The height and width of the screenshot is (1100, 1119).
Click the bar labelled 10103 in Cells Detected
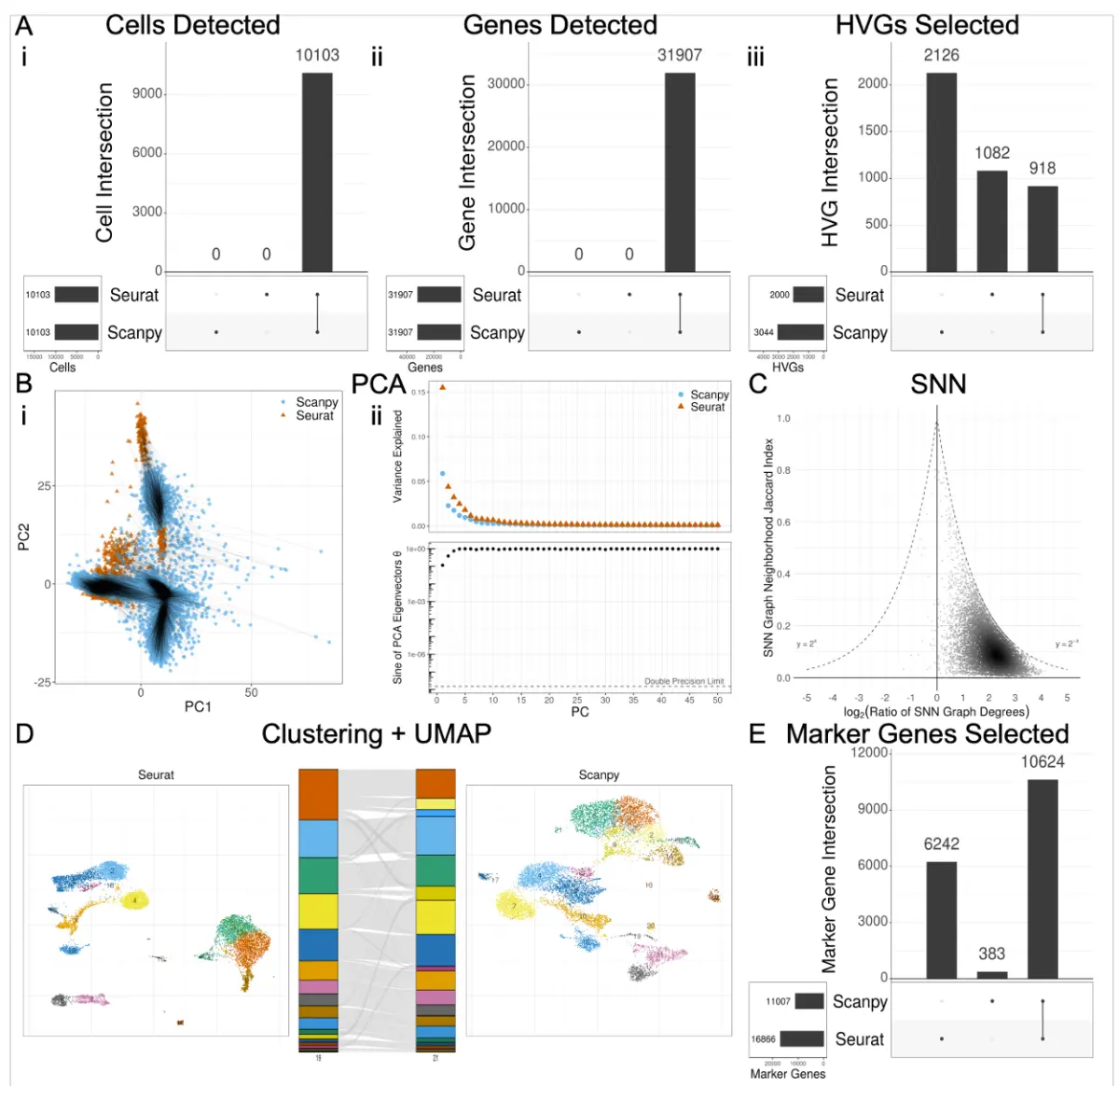point(317,173)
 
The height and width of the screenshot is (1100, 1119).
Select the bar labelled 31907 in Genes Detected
point(680,173)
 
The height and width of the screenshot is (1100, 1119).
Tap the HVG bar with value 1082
point(992,221)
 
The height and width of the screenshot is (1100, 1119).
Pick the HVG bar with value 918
point(1043,229)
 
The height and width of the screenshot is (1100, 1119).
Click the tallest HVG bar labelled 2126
point(941,173)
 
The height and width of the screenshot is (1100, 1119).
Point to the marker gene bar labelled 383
point(992,974)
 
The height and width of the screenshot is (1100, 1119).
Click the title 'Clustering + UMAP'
point(376,734)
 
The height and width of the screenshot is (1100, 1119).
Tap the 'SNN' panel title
point(938,384)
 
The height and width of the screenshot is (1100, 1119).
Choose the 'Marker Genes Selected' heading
point(927,734)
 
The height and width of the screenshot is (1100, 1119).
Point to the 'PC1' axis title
point(198,706)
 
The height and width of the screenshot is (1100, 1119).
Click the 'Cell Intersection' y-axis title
point(104,163)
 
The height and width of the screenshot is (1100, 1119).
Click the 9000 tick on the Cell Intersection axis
point(148,93)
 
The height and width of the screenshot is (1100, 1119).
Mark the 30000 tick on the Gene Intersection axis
point(506,84)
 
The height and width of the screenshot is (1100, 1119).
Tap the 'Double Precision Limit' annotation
point(684,681)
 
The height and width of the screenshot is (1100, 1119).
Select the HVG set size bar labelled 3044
point(800,332)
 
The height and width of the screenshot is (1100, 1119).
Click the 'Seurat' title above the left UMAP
point(156,774)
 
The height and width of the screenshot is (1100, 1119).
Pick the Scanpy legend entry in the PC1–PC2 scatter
point(316,402)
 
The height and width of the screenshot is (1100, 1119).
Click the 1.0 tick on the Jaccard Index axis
point(783,419)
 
